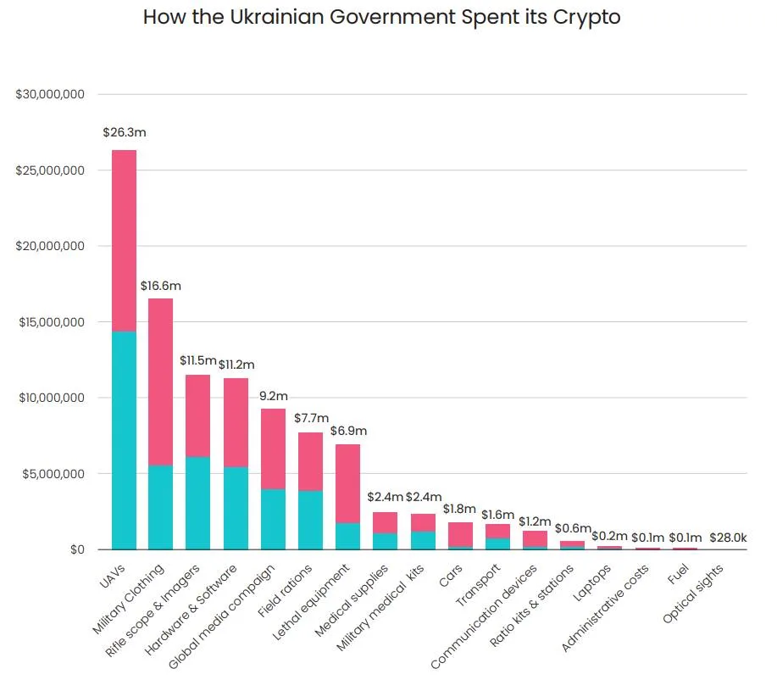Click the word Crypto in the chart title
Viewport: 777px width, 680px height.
click(x=586, y=18)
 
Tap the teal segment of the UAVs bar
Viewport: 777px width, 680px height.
click(x=124, y=440)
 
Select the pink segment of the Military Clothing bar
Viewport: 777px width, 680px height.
click(x=160, y=382)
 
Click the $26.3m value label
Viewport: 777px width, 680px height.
click(x=125, y=132)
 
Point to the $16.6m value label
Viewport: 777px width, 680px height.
click(x=160, y=286)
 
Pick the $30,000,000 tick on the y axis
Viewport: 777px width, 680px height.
click(x=50, y=94)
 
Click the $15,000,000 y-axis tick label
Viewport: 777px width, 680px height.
click(x=52, y=322)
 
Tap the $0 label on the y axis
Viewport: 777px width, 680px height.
click(x=77, y=549)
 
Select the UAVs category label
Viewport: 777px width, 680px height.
click(x=113, y=577)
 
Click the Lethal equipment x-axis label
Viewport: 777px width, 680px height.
click(x=311, y=602)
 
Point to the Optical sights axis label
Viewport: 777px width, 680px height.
click(x=693, y=594)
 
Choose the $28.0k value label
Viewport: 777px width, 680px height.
click(x=728, y=538)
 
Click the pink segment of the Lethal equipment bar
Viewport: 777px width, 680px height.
click(x=348, y=483)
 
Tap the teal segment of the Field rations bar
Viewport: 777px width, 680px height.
click(x=310, y=521)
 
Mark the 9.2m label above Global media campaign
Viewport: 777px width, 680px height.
click(x=274, y=396)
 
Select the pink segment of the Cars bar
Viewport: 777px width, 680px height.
click(x=460, y=535)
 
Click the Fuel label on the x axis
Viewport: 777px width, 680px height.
click(x=678, y=574)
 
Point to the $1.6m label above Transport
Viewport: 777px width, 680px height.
click(x=497, y=515)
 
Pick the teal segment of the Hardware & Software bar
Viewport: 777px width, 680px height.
click(x=236, y=509)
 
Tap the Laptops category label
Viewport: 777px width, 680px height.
click(x=591, y=583)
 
